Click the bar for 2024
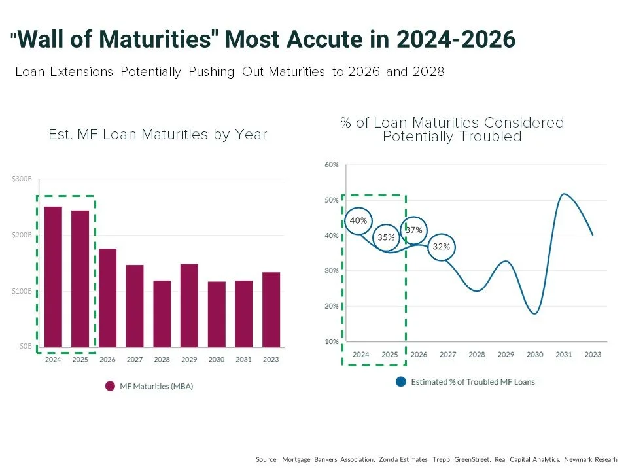point(53,277)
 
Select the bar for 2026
point(107,298)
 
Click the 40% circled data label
point(358,220)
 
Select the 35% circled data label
point(387,237)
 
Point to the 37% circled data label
point(413,230)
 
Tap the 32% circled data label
point(442,247)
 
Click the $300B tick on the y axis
point(22,179)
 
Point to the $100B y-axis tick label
point(22,290)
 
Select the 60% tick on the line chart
point(331,165)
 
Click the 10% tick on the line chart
point(331,341)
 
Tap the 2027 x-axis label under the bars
point(135,359)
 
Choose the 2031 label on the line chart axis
point(563,355)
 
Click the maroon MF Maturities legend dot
point(110,386)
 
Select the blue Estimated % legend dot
point(400,381)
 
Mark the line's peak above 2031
point(563,194)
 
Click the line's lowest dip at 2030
point(535,314)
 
